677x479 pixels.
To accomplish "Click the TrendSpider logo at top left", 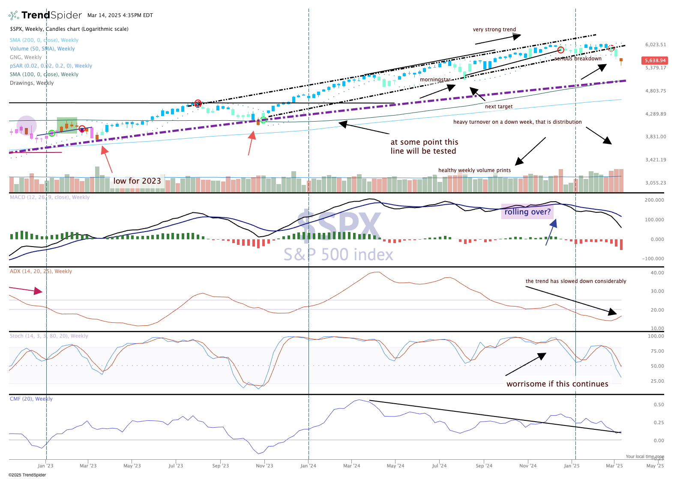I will pos(45,15).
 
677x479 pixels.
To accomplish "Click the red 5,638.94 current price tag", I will pos(654,60).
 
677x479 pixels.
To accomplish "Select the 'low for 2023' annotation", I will pos(137,181).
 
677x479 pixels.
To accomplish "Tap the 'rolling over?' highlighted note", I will pos(527,212).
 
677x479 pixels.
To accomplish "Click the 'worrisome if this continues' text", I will pos(557,384).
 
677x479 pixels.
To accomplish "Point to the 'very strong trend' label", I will pos(494,30).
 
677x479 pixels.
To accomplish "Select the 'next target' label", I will pos(498,107).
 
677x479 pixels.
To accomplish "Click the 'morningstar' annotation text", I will pos(435,80).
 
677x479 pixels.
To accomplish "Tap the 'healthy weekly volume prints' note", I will pos(474,170).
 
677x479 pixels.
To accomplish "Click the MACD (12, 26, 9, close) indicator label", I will pos(49,197).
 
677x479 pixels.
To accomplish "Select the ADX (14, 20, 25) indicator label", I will pos(41,271).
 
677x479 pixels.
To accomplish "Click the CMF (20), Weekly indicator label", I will pos(31,399).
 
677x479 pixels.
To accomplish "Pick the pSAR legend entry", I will pos(51,66).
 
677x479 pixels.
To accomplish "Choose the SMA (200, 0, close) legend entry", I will pos(44,40).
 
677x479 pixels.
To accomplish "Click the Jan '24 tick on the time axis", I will pos(308,466).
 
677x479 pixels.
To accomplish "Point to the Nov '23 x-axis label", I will pos(264,466).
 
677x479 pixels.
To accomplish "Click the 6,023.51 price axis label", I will pos(656,45).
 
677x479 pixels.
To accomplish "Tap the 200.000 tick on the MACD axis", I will pos(654,200).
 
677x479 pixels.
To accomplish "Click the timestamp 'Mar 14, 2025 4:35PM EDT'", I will pos(120,15).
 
